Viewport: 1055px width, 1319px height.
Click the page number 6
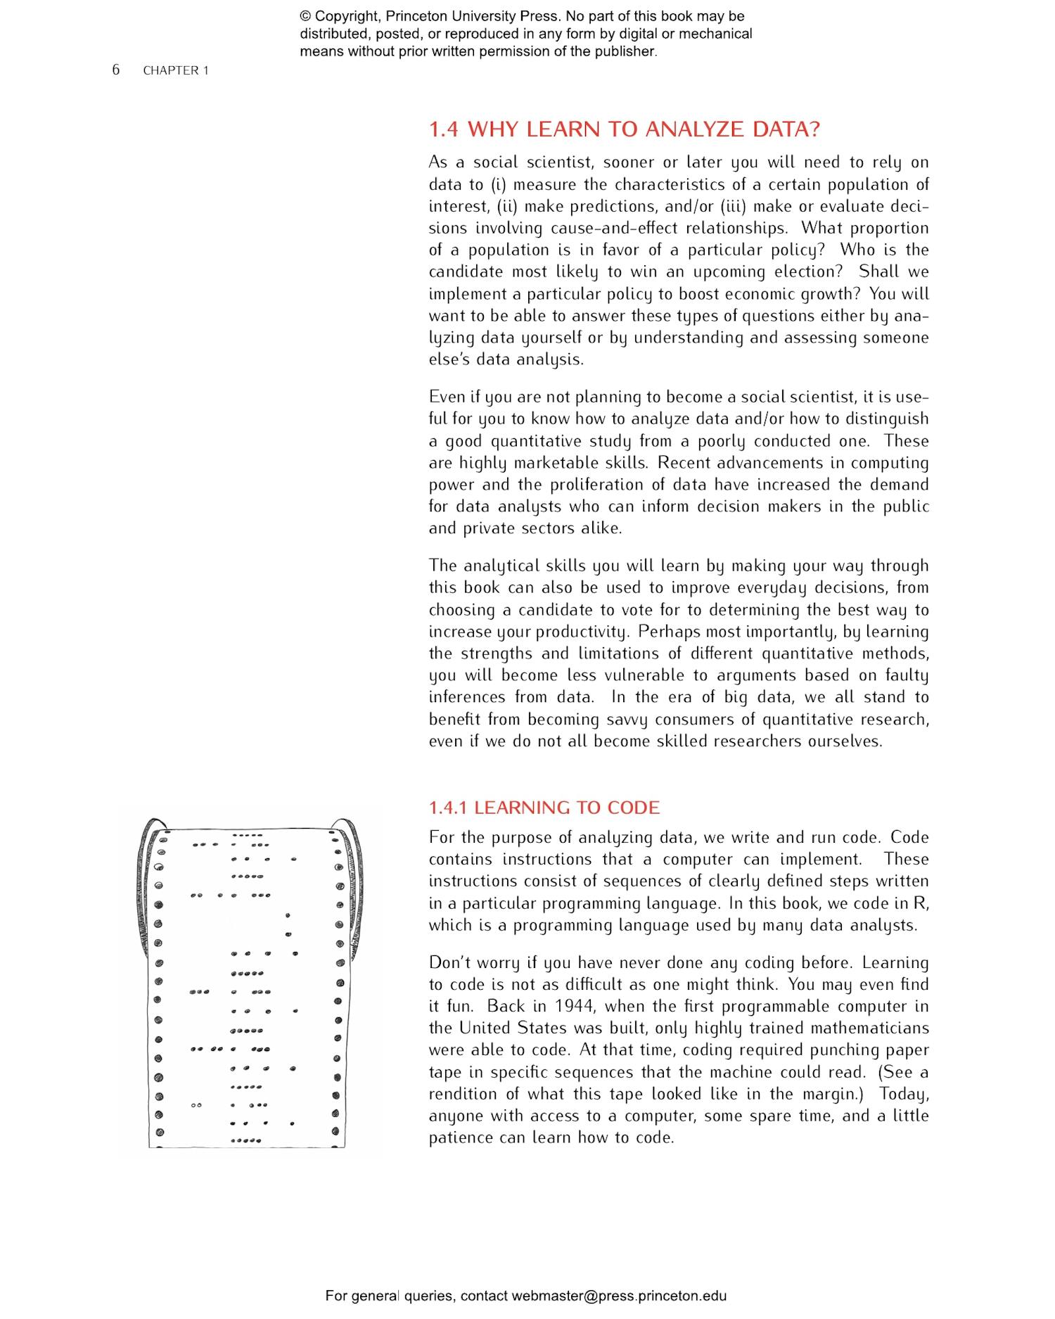click(116, 69)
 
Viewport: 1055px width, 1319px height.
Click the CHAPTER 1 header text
click(176, 70)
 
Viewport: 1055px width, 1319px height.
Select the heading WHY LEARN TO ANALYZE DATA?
click(644, 129)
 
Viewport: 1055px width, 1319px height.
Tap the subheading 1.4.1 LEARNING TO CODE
click(544, 808)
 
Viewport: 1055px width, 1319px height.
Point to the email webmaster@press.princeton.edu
click(619, 1296)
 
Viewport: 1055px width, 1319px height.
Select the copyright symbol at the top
click(305, 16)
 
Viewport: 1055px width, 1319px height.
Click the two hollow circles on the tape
click(197, 1105)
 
